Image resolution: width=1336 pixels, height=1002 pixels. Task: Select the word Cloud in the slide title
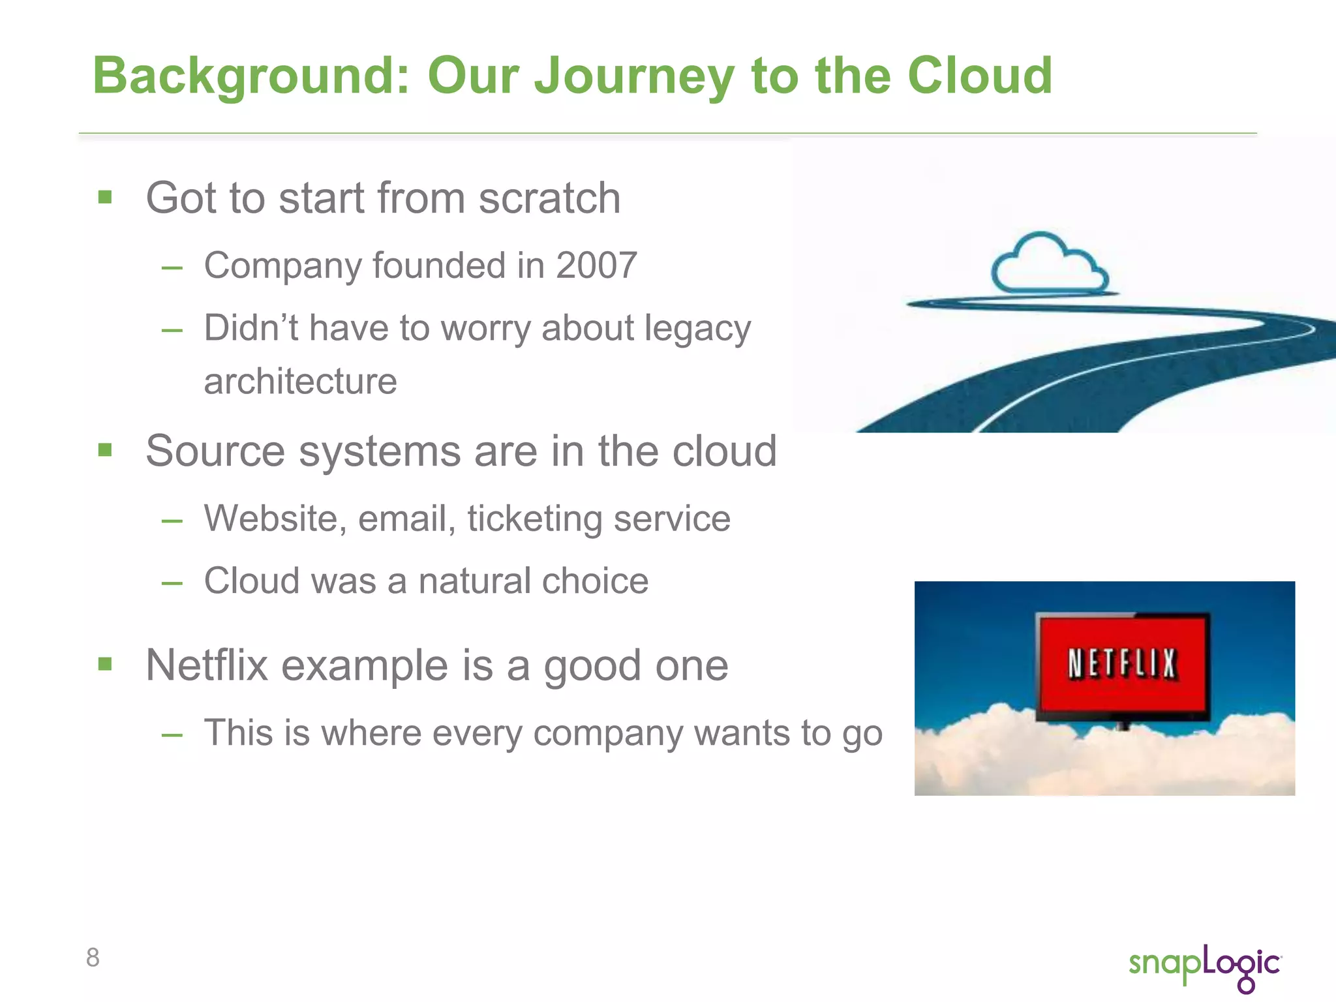980,76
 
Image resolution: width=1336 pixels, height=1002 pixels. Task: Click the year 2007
596,266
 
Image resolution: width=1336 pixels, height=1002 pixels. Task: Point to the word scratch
549,198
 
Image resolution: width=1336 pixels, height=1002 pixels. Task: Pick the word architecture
300,382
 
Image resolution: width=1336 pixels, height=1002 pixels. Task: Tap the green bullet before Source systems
105,450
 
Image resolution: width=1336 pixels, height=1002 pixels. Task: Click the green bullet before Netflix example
105,664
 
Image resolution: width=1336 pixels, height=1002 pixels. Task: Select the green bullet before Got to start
105,197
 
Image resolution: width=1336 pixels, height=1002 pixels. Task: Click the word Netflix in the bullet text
207,665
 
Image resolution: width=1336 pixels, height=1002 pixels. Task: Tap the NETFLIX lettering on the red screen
1122,664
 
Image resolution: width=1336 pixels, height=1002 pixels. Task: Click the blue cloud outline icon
1048,264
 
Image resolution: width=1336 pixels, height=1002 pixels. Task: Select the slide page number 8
93,958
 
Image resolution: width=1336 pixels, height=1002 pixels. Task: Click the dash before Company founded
172,267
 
